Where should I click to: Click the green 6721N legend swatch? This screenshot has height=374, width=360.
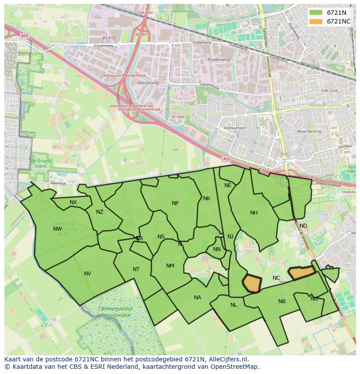pos(316,13)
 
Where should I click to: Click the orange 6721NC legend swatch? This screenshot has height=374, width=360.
pos(316,21)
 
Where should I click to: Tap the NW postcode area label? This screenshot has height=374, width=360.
pos(57,229)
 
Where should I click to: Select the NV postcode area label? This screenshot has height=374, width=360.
pos(87,274)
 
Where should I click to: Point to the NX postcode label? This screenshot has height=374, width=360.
pos(73,202)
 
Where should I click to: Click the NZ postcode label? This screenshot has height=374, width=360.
pos(100,212)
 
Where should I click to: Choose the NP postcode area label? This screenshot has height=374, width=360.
pos(175,203)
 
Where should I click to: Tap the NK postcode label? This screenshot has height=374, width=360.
pos(207,199)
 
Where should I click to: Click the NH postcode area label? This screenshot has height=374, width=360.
pos(254,213)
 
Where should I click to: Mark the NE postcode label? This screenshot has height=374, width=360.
pos(228,185)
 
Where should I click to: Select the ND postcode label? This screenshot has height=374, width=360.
pos(303,226)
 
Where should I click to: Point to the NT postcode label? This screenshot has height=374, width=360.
pos(136,269)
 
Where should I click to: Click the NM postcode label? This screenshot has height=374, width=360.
pos(170,266)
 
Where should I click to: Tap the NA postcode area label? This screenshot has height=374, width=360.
pos(197,298)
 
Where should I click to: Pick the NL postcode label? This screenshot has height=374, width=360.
pos(234,305)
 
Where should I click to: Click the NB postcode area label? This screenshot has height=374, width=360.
pos(282,301)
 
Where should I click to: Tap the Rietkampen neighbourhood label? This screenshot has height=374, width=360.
pos(235,129)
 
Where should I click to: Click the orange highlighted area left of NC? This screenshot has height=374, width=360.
pos(252,284)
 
